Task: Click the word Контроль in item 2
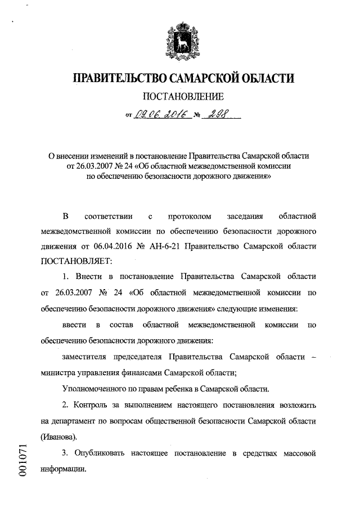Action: [x=92, y=405]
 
